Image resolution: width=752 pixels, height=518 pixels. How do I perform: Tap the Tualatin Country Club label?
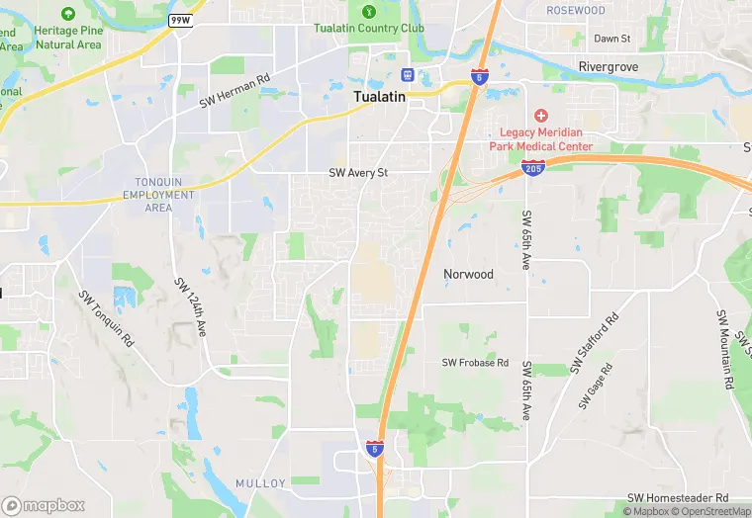coord(369,28)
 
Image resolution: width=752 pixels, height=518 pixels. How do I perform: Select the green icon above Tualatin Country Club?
coord(369,11)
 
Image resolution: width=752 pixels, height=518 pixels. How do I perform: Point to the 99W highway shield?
coord(180,20)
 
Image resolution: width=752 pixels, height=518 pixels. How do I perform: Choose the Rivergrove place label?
coord(608,66)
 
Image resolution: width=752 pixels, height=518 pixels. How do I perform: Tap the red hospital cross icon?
coord(541,117)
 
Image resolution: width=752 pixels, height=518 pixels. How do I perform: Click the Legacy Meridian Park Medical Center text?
coord(541,139)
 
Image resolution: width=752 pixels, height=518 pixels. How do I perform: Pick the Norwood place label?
coord(468,274)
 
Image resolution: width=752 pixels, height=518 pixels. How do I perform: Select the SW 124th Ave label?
coord(190,307)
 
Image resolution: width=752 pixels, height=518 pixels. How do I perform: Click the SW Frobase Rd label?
coord(475,363)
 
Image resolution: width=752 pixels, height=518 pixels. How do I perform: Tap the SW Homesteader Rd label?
coord(678,497)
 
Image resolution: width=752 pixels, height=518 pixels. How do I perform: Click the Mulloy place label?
coord(260,482)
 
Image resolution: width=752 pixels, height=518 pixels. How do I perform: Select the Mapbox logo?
coord(44,505)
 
